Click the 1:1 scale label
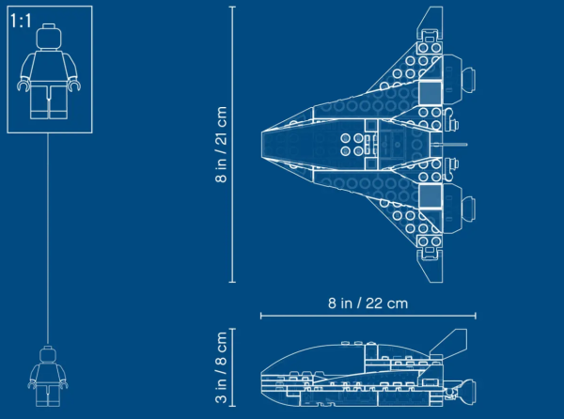click(x=21, y=21)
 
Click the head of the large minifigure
click(x=49, y=37)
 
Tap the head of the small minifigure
click(x=48, y=354)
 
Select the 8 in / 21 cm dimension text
click(x=221, y=145)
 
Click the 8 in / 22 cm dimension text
click(x=368, y=303)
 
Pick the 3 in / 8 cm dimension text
click(x=221, y=367)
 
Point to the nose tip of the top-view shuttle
click(x=262, y=145)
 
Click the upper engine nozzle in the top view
click(x=469, y=79)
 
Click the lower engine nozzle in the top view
click(x=469, y=209)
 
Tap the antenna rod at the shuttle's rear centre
click(x=449, y=145)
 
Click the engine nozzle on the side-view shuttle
click(x=467, y=392)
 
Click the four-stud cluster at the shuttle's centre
click(x=352, y=145)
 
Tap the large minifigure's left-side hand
click(x=23, y=85)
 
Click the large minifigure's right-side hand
click(x=74, y=85)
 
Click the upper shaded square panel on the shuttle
click(x=431, y=92)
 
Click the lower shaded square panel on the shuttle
click(x=431, y=196)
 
